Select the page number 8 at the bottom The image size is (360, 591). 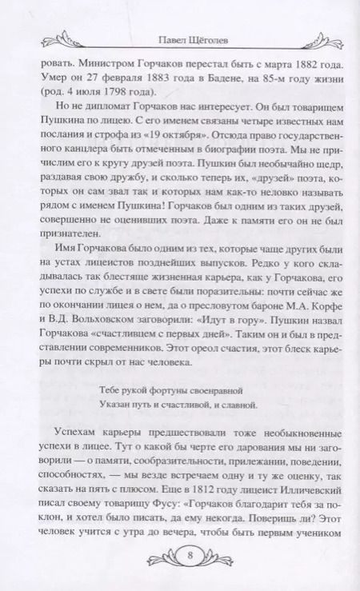click(x=180, y=554)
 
